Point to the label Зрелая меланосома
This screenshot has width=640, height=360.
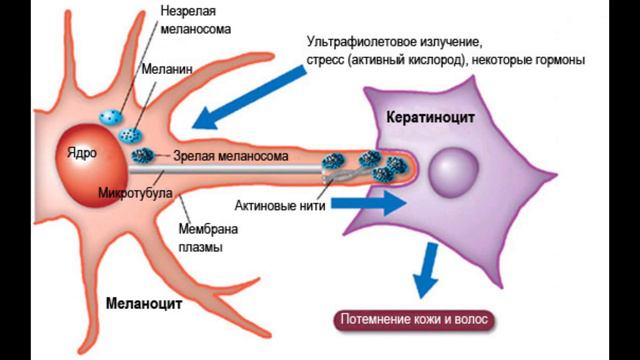coord(231,157)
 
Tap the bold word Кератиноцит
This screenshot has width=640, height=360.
coord(429,117)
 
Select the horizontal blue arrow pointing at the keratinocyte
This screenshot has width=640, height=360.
coord(369,201)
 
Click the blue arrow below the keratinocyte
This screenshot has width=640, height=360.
coord(429,267)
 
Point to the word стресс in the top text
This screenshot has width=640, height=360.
coord(329,61)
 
